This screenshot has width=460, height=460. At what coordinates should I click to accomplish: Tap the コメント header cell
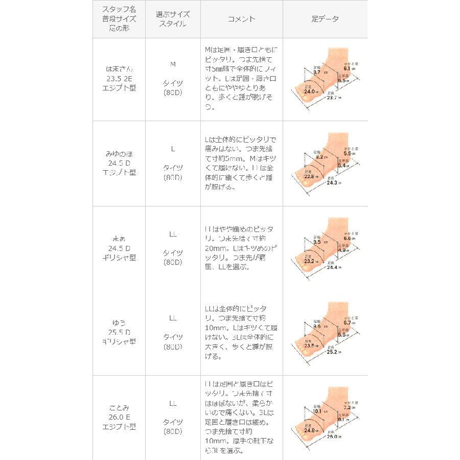[x=241, y=19]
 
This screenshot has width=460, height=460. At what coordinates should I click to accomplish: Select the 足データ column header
[x=325, y=19]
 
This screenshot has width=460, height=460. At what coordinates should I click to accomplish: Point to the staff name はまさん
[x=119, y=68]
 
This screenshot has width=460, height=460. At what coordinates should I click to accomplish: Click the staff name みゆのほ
[x=119, y=153]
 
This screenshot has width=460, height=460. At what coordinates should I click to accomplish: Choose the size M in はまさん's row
[x=173, y=64]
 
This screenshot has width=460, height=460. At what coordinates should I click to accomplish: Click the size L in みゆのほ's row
[x=173, y=149]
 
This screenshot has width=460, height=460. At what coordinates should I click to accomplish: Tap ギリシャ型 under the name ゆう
[x=119, y=340]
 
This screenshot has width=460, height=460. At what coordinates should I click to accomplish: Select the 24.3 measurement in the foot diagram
[x=333, y=182]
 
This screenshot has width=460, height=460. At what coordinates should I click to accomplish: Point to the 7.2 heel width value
[x=347, y=407]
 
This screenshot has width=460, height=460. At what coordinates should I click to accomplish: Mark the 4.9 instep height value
[x=343, y=250]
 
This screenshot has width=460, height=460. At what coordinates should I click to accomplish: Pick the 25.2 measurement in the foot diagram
[x=333, y=352]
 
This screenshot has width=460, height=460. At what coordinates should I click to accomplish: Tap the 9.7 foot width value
[x=317, y=73]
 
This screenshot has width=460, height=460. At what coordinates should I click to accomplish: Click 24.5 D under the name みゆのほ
[x=119, y=163]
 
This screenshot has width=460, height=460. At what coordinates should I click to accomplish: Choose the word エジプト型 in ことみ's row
[x=119, y=426]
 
